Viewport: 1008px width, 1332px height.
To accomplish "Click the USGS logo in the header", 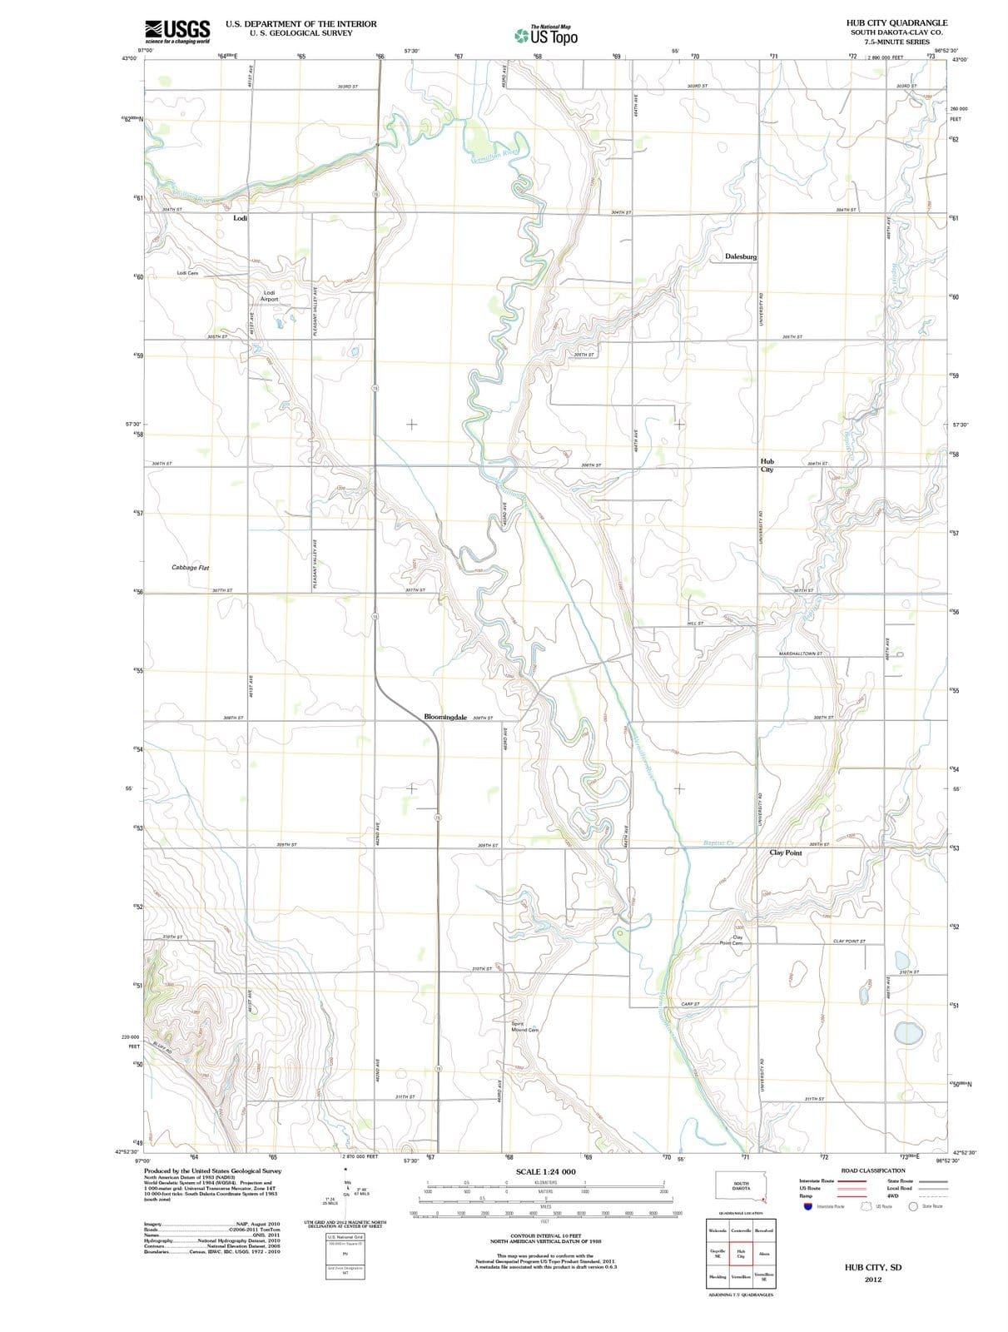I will tap(176, 31).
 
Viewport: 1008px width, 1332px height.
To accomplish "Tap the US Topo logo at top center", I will tap(546, 36).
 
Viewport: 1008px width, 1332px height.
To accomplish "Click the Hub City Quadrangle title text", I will tap(896, 23).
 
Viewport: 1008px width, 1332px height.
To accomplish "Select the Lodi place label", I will tap(240, 218).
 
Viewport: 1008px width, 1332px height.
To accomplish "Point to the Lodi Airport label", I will tap(269, 296).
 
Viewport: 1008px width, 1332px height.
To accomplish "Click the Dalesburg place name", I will tap(741, 256).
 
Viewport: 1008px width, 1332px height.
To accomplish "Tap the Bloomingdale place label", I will tap(445, 717).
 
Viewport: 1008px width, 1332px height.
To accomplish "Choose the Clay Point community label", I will tap(786, 853).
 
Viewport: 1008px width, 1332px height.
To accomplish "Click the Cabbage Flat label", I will tap(191, 568).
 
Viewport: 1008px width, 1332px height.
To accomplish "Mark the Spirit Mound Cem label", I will tap(524, 1026).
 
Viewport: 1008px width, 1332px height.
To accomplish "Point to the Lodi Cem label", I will tap(187, 273).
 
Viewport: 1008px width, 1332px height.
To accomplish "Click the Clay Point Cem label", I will tap(732, 940).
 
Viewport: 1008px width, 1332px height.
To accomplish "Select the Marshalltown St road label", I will tap(801, 654).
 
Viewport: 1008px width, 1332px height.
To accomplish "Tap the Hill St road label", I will tap(695, 623).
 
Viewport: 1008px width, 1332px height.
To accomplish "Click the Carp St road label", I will tap(690, 1004).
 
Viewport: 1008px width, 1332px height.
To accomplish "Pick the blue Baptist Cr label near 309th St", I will tap(718, 842).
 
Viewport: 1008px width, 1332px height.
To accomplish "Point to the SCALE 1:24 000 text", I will tap(545, 1172).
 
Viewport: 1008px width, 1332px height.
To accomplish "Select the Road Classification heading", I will tap(873, 1170).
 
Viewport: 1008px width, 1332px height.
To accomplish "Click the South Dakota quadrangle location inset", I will tap(741, 1187).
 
